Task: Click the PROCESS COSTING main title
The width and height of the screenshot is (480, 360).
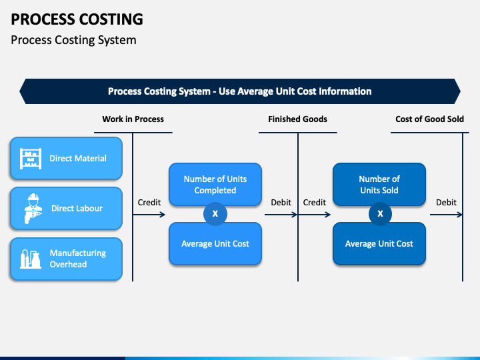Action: point(77,19)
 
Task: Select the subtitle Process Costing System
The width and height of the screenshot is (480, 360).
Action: point(73,40)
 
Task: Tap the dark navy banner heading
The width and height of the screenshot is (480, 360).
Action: point(240,91)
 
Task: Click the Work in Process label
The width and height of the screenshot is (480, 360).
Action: point(133,119)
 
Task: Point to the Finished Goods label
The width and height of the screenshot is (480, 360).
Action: point(297,119)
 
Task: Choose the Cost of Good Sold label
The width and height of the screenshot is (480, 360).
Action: point(429,119)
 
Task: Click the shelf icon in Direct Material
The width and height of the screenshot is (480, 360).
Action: point(31,158)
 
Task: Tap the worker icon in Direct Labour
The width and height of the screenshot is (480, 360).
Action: point(33,209)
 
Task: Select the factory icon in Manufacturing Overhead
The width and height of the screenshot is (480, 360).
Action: point(31,259)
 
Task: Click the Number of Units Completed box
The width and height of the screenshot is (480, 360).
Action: point(215,184)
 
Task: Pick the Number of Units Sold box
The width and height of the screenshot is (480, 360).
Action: point(379,184)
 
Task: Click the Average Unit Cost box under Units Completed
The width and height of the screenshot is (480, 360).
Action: point(215,244)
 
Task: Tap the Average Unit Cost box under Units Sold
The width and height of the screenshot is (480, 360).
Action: point(379,244)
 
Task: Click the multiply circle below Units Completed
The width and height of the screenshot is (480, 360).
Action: point(215,214)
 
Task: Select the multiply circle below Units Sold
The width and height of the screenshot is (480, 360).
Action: point(380,214)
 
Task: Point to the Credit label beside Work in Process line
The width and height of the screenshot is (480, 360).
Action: point(149,203)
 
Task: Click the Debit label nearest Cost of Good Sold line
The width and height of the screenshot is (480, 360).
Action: point(446,203)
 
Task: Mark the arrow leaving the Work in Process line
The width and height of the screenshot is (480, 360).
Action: point(149,215)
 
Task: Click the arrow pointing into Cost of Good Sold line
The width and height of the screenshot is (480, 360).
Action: point(446,215)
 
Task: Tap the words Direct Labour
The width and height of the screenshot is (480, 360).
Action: point(77,209)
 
